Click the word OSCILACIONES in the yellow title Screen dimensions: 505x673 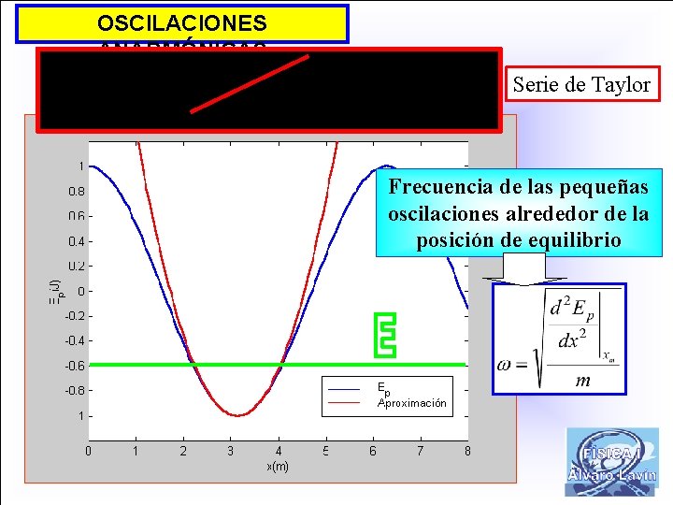coord(182,23)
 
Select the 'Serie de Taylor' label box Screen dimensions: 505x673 coord(580,85)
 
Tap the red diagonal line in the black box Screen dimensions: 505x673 coord(250,83)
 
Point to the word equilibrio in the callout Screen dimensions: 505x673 coord(575,239)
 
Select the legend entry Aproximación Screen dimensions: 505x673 coord(411,404)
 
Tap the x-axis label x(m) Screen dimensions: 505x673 coord(278,467)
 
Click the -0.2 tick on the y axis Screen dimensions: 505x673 coord(72,316)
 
